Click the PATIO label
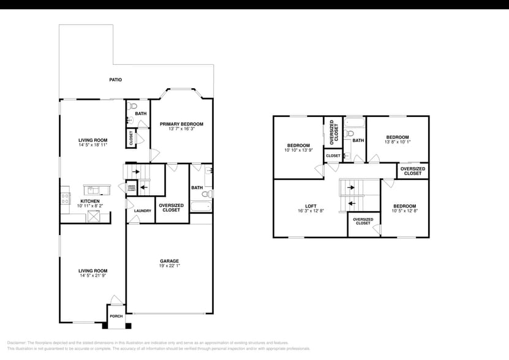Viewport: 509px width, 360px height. [115, 80]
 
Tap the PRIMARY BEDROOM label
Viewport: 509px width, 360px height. [181, 124]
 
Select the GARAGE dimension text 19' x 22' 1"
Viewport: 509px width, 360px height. [169, 266]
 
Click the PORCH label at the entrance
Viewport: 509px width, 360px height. [116, 317]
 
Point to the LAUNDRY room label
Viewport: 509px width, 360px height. [143, 211]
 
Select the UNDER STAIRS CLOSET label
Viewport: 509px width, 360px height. [131, 189]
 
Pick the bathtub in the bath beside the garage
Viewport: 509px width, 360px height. [201, 205]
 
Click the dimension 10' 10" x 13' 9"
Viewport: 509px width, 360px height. [298, 150]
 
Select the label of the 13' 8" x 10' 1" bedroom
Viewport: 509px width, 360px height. [397, 137]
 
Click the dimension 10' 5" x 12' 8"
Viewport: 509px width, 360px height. [405, 211]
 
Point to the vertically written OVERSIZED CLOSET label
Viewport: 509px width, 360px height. [333, 132]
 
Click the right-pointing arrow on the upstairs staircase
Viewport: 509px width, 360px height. [352, 187]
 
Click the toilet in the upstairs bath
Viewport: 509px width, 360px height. [349, 134]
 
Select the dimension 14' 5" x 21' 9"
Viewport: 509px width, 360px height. [92, 276]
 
